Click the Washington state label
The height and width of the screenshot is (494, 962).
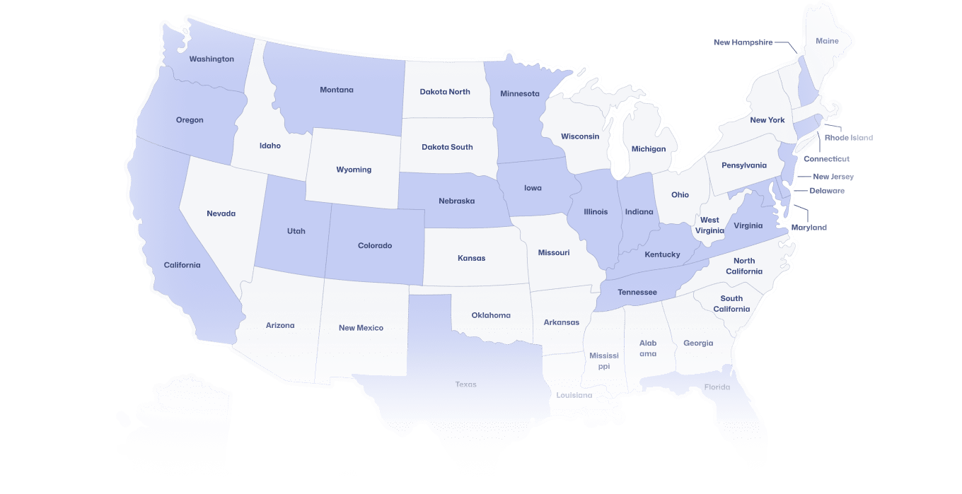pos(211,59)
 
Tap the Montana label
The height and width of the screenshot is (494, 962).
pos(337,90)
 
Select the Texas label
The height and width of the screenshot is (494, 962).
pos(466,384)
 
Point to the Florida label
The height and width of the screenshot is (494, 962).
pos(717,387)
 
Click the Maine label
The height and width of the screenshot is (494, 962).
pos(827,41)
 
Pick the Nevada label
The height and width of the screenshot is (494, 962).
pos(221,213)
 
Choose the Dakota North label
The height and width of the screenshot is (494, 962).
pos(445,92)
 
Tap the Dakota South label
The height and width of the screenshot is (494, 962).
pos(447,147)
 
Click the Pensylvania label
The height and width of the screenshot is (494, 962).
pos(744,165)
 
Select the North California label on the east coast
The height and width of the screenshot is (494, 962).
pos(744,266)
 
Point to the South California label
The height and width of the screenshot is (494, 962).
pos(731,304)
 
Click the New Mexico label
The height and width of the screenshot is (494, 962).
pos(361,328)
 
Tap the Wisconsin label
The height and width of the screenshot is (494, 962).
pos(580,136)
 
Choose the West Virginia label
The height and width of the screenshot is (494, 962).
pos(709,225)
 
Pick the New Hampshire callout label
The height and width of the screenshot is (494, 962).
pos(743,42)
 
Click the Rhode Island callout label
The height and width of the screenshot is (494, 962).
pos(849,138)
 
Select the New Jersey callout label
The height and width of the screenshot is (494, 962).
pos(833,177)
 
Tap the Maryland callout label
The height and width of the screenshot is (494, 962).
pos(809,228)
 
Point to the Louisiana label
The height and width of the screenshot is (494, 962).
pos(574,395)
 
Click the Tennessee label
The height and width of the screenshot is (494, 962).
pos(637,293)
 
